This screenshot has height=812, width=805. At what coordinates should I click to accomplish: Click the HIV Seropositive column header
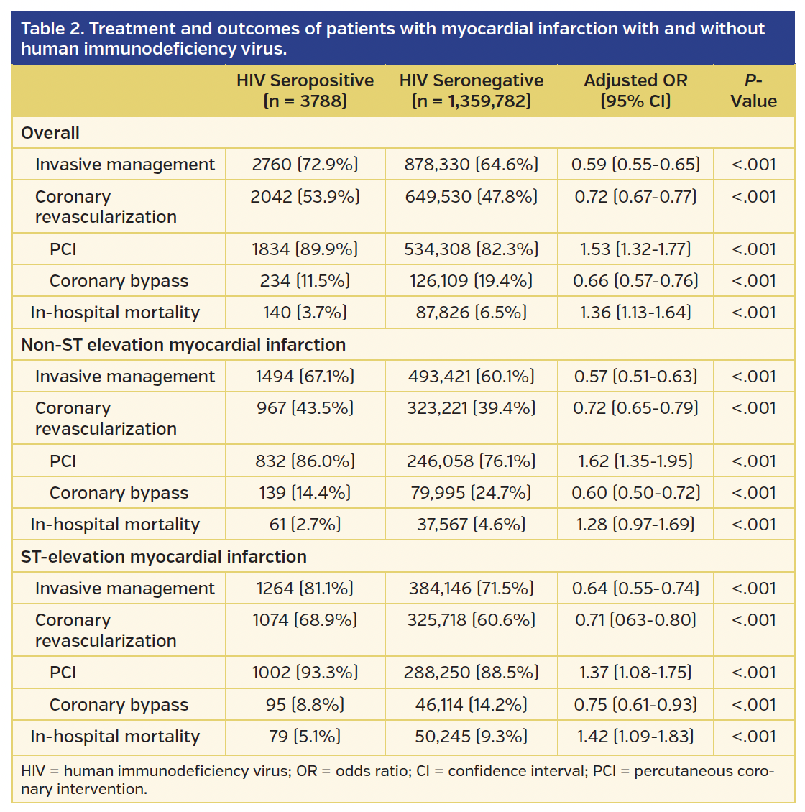[x=305, y=91]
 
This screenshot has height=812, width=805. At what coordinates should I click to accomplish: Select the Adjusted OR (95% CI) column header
[x=635, y=91]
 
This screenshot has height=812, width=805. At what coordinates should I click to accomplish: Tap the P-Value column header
[x=753, y=91]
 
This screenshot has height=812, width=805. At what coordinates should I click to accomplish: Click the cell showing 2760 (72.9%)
[x=305, y=165]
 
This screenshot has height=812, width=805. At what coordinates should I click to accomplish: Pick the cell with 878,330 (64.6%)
[x=471, y=165]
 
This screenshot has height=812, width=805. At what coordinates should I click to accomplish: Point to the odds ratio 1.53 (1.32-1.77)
[x=635, y=249]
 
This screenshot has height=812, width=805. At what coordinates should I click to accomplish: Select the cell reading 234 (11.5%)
[x=305, y=281]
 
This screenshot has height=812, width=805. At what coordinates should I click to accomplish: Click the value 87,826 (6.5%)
[x=471, y=313]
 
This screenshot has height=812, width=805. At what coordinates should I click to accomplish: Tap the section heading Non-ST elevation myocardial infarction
[x=183, y=345]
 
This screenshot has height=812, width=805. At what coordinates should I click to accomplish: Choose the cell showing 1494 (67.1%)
[x=305, y=377]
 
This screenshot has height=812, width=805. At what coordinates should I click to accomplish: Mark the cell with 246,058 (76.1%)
[x=471, y=461]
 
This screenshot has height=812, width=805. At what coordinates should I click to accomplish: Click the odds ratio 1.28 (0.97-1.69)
[x=635, y=525]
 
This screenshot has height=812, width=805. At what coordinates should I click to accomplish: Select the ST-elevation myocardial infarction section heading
[x=164, y=557]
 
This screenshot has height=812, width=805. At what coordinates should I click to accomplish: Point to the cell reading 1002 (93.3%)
[x=305, y=673]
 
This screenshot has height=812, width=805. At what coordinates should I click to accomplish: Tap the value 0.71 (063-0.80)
[x=635, y=620]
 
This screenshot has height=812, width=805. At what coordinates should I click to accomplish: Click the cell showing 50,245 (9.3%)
[x=471, y=737]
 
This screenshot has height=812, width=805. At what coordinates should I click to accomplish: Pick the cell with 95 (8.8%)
[x=305, y=705]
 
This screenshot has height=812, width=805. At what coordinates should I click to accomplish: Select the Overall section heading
[x=50, y=133]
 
